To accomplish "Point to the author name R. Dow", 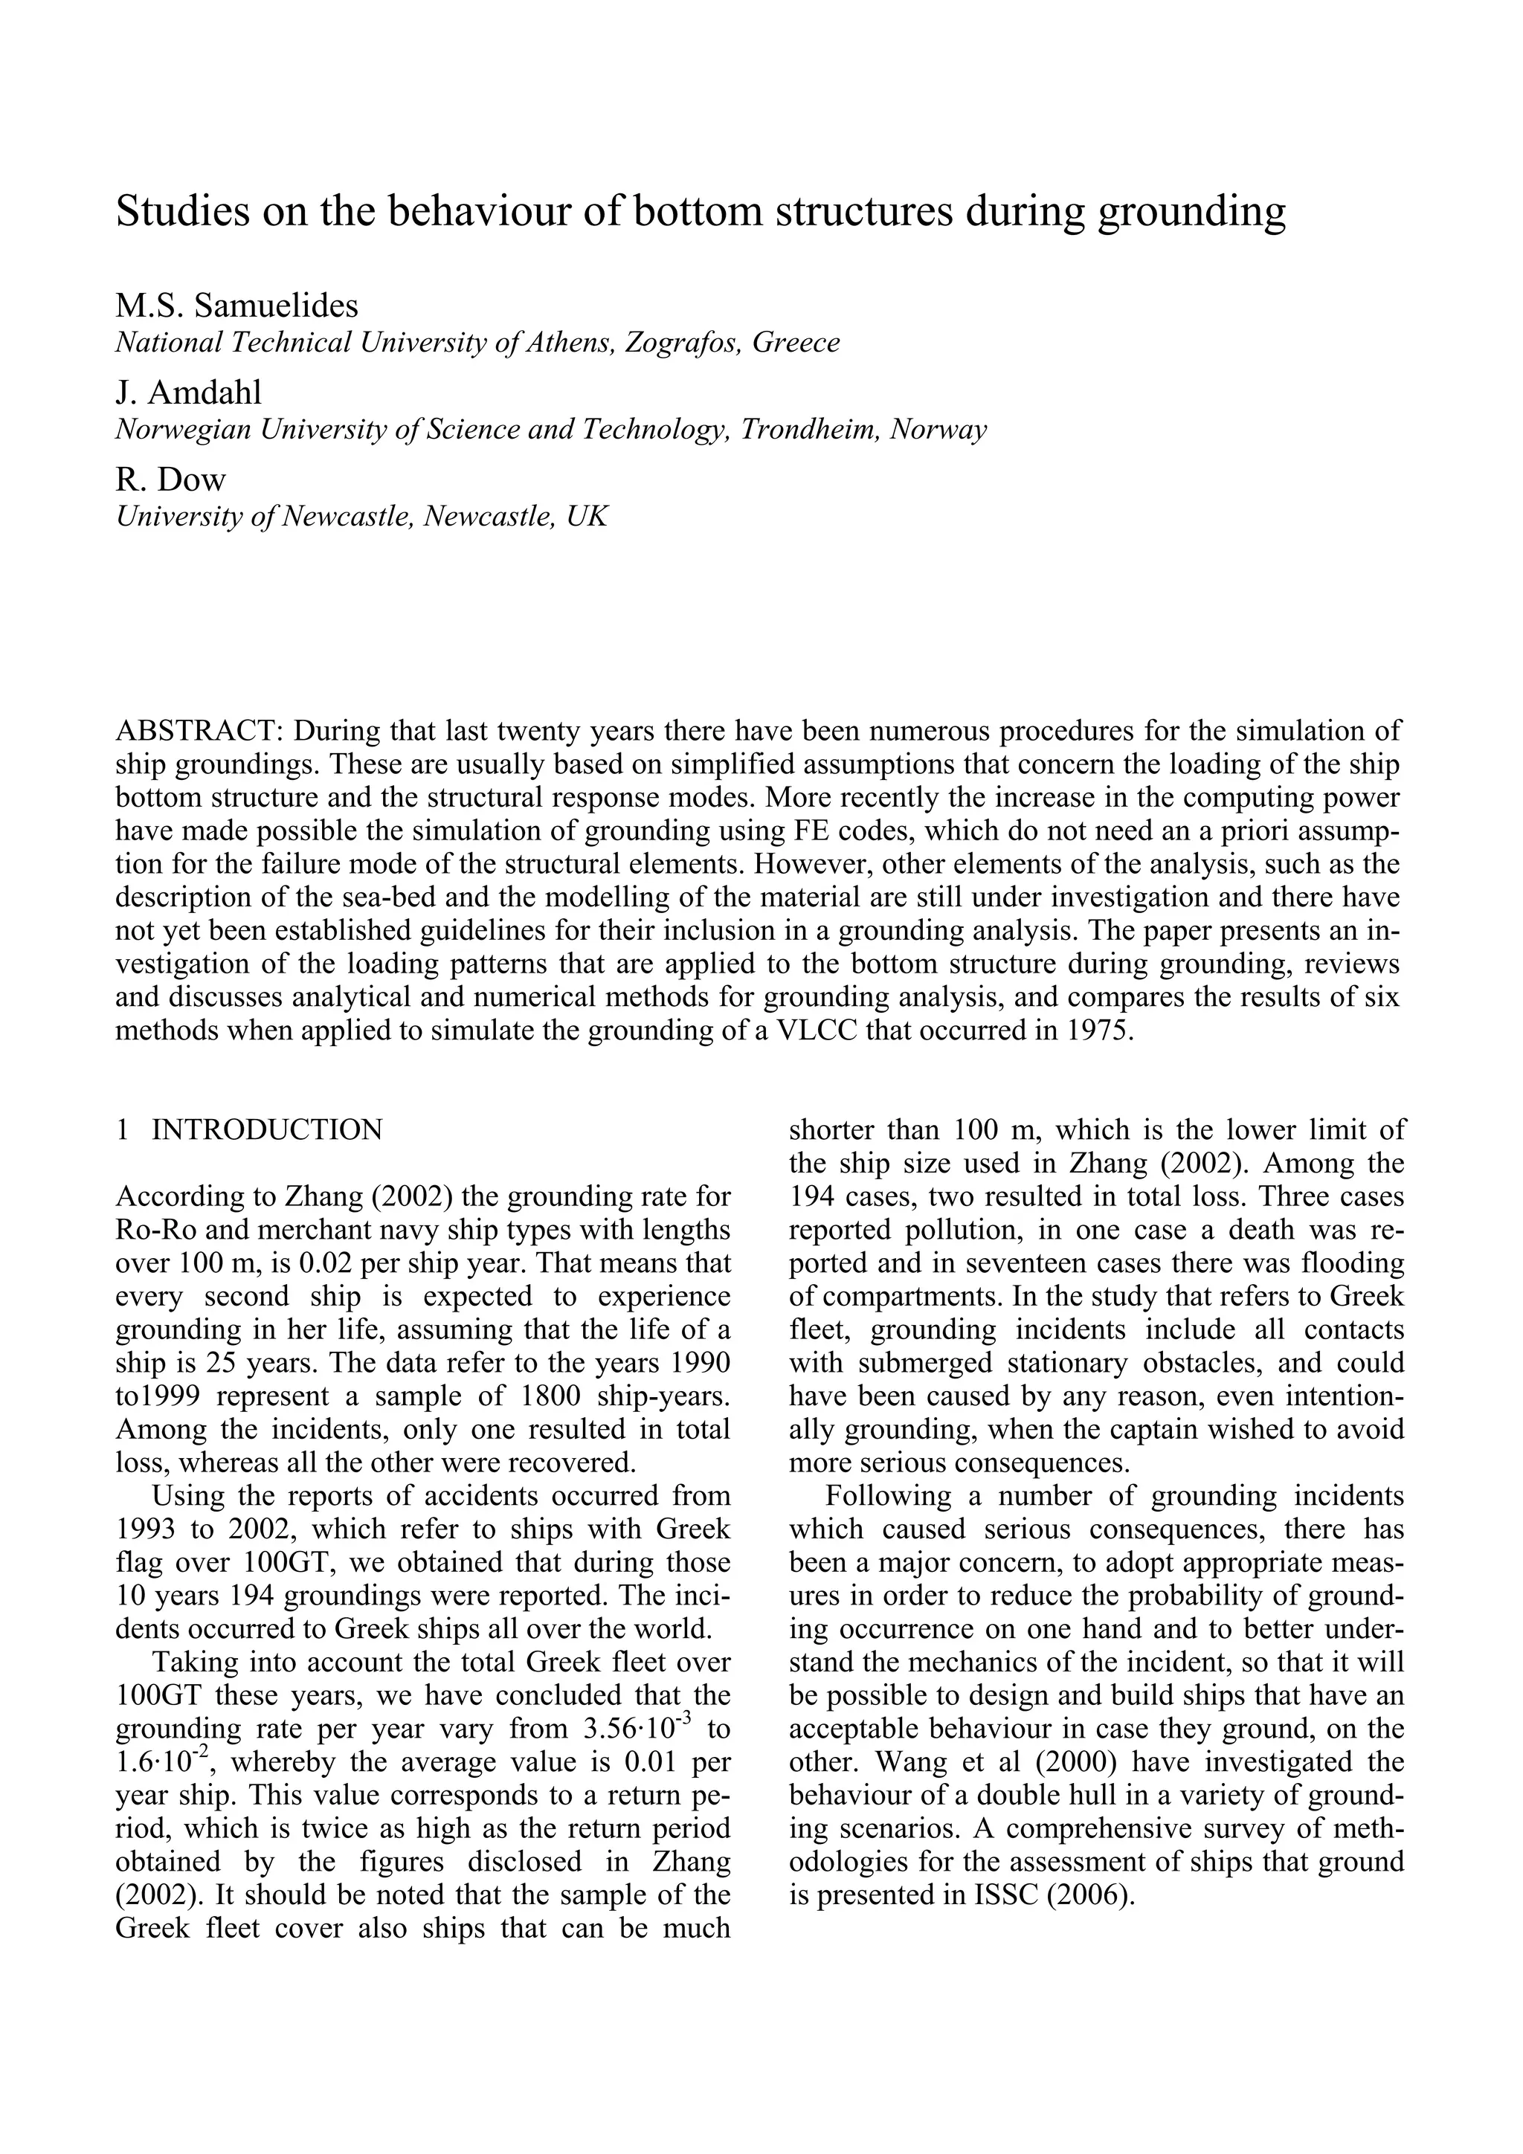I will (171, 480).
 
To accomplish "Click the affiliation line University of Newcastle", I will (361, 516).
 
